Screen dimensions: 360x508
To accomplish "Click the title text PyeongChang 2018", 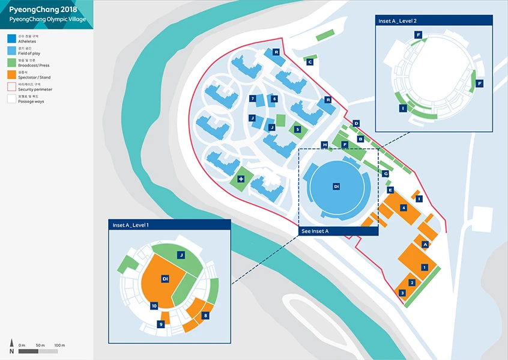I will coord(43,9).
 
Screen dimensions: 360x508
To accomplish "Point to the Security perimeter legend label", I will coord(35,89).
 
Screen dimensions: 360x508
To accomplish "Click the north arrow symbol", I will coord(11,347).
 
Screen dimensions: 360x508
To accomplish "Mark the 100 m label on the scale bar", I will coord(59,345).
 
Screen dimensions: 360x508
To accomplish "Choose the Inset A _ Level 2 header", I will coord(398,20).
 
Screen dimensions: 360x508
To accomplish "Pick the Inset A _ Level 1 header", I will coord(131,225).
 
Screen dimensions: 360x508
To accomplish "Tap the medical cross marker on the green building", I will coord(241,179).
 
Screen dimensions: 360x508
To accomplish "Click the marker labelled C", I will coord(310,61).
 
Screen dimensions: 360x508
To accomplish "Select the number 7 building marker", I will coord(253,99).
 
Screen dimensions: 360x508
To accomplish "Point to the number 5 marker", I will coord(297,129).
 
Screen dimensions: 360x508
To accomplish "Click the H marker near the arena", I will coord(325,144).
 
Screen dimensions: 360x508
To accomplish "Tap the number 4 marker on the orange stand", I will coord(404,207).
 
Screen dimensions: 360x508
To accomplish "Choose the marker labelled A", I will coord(425,244).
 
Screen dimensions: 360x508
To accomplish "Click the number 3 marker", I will coord(402,293).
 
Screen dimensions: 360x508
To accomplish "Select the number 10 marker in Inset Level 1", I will coord(154,306).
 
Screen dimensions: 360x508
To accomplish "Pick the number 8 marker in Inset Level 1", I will coord(205,315).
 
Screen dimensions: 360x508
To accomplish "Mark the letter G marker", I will coord(385,173).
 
